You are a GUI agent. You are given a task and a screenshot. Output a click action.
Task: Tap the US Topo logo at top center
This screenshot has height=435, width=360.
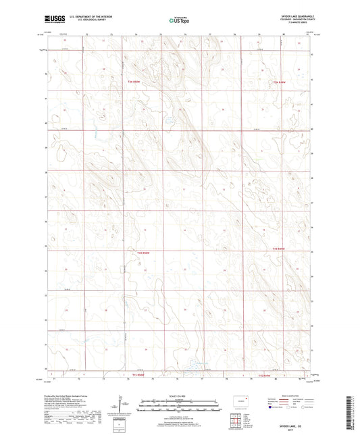click(179, 21)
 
